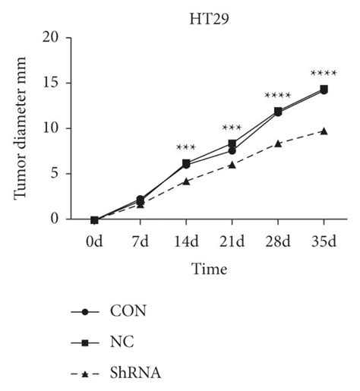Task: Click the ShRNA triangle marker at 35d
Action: pos(324,131)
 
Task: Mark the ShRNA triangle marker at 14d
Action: pos(185,181)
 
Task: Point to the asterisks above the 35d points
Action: pos(324,74)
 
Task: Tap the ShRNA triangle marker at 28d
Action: pos(277,143)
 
